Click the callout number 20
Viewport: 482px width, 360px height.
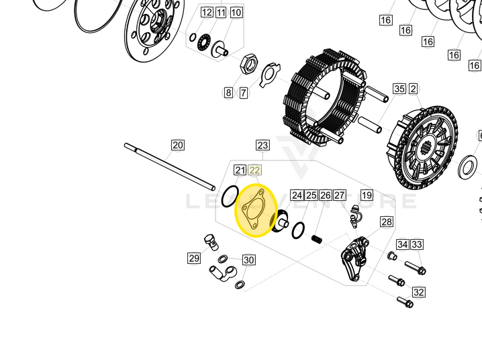coord(177,145)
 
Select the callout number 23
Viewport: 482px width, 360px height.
coord(262,145)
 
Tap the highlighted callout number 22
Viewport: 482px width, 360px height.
coord(254,171)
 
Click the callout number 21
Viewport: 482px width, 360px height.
coord(240,171)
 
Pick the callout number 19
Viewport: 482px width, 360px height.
coord(367,195)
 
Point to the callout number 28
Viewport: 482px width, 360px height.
coord(386,222)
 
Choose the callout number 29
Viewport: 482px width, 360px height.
coord(194,258)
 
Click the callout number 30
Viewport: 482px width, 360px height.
coord(248,261)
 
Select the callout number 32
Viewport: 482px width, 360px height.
coord(419,292)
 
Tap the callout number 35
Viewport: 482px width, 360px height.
coord(399,89)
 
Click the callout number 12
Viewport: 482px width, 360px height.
coord(206,12)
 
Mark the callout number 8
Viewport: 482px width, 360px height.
coord(228,93)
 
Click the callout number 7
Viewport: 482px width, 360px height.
coord(243,93)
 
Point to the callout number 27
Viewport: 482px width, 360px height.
coord(340,195)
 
